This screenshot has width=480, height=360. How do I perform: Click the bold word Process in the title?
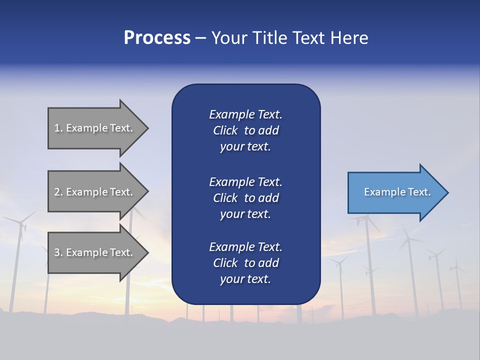pos(157,38)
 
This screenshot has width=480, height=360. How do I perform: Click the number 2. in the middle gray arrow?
pos(58,192)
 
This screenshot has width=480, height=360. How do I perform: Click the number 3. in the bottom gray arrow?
pos(58,252)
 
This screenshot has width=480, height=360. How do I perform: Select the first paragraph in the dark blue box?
pos(245,130)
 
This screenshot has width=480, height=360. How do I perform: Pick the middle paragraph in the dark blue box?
pos(245,198)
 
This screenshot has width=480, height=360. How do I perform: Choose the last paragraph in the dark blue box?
pos(245,263)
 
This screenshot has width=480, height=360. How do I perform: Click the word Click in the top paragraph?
pos(225,130)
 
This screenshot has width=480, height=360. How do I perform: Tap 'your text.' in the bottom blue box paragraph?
pos(245,279)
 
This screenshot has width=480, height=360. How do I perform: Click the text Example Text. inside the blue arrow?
pos(397,192)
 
